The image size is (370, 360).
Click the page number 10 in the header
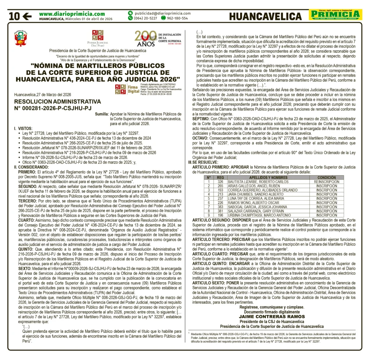(x=14, y=16)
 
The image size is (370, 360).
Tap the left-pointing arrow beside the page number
(x=27, y=16)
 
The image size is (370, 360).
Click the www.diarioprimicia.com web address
(x=72, y=13)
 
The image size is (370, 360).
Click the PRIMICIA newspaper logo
(x=335, y=15)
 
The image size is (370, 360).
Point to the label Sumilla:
(x=101, y=114)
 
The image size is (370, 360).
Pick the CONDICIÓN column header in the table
(x=326, y=178)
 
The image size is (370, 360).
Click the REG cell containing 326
(x=220, y=182)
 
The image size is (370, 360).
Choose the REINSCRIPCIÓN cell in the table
(x=326, y=182)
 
